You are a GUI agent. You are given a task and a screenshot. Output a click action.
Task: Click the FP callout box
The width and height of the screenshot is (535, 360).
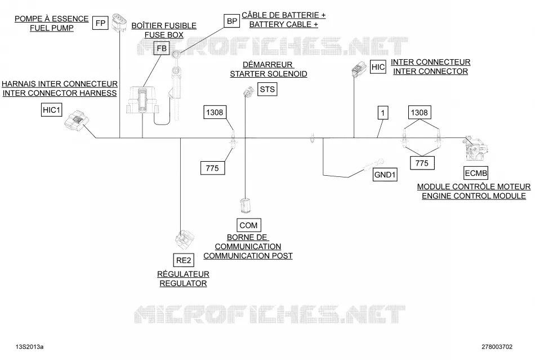coord(100,23)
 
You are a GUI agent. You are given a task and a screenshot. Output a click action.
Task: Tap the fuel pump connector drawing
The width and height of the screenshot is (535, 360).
coord(119,23)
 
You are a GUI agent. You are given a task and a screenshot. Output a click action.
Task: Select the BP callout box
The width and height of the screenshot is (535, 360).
coord(231,21)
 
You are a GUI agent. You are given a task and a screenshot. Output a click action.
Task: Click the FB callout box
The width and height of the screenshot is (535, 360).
coord(162,48)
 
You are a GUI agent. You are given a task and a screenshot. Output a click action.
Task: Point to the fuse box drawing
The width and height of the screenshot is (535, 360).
coord(142,100)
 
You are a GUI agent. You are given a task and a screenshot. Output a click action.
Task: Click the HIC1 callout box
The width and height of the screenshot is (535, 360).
coord(51,109)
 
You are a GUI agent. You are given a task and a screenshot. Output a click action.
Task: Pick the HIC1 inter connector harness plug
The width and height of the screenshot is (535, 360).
coord(77,122)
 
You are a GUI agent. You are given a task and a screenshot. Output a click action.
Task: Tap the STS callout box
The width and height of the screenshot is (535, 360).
coord(267,90)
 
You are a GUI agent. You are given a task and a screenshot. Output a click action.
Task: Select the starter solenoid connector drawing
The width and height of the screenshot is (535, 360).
coord(248,91)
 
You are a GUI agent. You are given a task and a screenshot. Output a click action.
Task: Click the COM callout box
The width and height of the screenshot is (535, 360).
coord(249,225)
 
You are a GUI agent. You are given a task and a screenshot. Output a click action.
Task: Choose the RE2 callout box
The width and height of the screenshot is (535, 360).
coord(184,260)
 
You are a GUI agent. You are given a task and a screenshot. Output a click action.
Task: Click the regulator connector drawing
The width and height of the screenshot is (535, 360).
coord(185,240)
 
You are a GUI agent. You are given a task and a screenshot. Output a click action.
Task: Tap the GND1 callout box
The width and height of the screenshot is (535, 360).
coord(385,175)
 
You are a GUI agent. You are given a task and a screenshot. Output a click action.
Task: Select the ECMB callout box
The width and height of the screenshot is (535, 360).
coord(476,173)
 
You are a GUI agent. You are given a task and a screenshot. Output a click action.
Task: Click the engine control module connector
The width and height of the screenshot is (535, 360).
coord(475,149)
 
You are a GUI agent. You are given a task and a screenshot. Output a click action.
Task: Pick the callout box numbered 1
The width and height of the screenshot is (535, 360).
coord(383,113)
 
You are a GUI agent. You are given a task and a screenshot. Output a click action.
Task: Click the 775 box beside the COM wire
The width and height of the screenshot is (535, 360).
coord(212,168)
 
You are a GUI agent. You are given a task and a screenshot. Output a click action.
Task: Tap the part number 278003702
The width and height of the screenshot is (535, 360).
coord(497,346)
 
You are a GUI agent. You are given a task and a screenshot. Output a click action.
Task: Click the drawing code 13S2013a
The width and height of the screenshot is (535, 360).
coord(29,346)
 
